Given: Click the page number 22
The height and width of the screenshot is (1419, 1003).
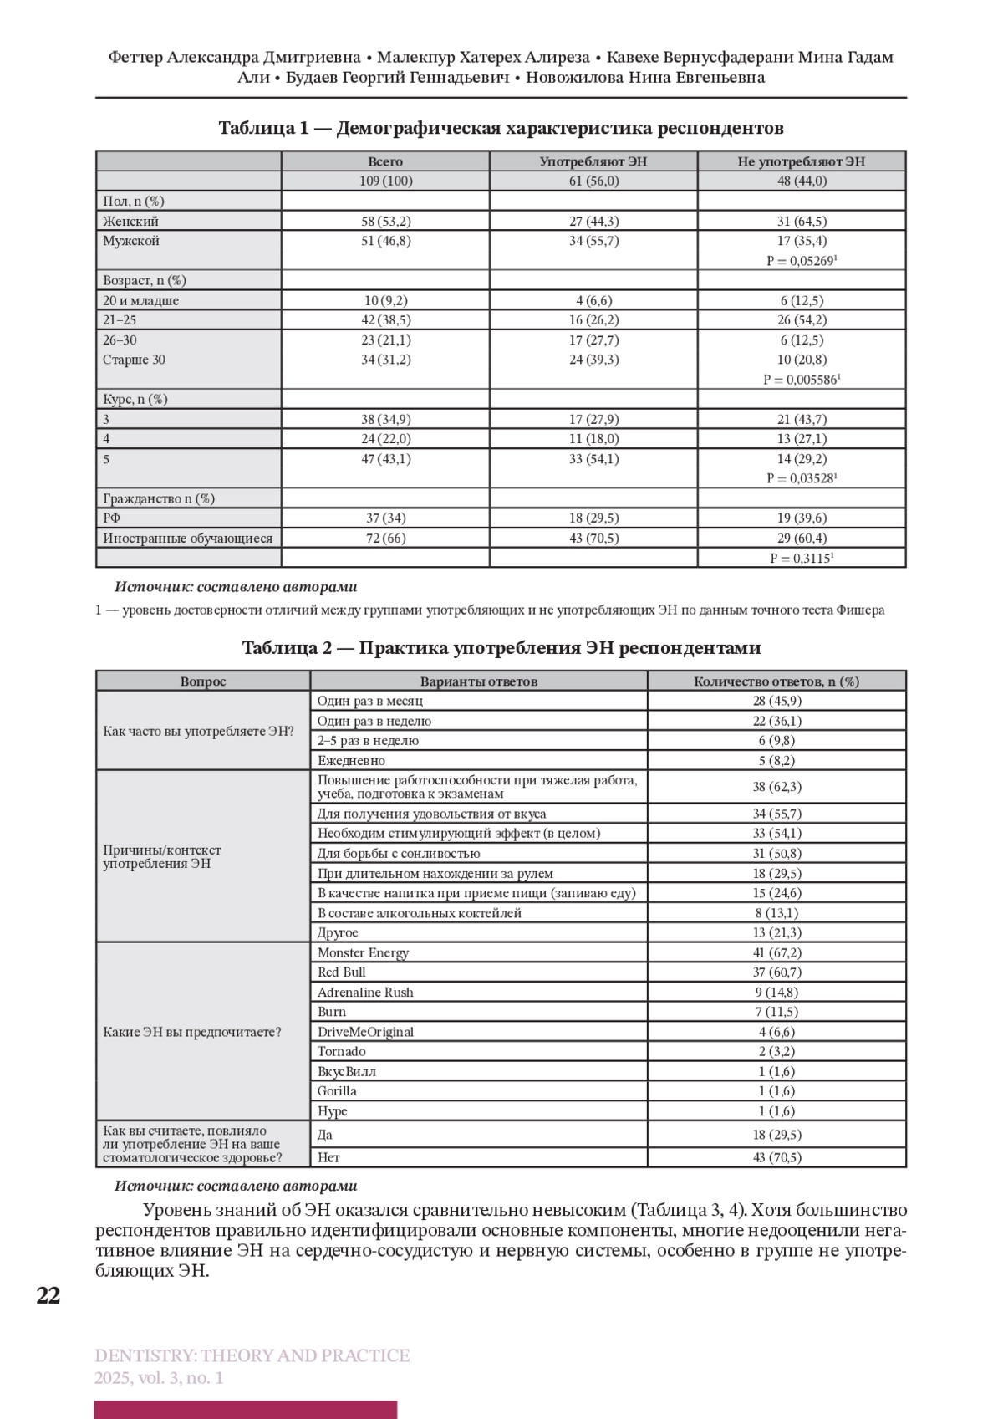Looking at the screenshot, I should click(x=48, y=1295).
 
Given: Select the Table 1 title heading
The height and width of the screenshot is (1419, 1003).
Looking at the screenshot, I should click(x=501, y=128).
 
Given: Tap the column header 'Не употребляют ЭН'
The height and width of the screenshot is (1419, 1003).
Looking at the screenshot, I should click(x=801, y=161).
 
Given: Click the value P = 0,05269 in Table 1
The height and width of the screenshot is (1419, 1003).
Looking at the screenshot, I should click(x=801, y=261).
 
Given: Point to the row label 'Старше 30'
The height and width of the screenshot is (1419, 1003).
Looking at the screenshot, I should click(x=134, y=360).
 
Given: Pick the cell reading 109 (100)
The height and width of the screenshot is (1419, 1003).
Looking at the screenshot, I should click(x=385, y=181).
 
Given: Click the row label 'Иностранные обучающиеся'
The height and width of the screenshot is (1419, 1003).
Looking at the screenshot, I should click(x=187, y=538).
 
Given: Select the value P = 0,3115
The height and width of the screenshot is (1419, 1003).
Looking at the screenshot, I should click(x=801, y=558).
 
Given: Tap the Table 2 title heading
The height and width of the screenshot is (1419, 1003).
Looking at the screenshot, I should click(x=501, y=648).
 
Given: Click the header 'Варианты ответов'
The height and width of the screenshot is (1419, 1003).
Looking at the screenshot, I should click(x=478, y=681).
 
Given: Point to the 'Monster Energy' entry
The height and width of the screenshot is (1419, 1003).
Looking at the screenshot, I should click(x=363, y=952).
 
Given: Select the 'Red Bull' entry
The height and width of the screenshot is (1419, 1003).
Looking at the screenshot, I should click(x=341, y=972).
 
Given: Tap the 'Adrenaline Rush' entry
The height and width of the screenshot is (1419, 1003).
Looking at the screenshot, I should click(x=365, y=993).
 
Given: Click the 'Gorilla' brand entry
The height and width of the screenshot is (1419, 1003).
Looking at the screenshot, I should click(x=337, y=1091).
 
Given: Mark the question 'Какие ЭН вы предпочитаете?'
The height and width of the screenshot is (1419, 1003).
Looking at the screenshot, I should click(x=191, y=1032).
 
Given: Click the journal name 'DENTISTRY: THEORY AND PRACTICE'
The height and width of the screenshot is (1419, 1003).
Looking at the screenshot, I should click(x=252, y=1355).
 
